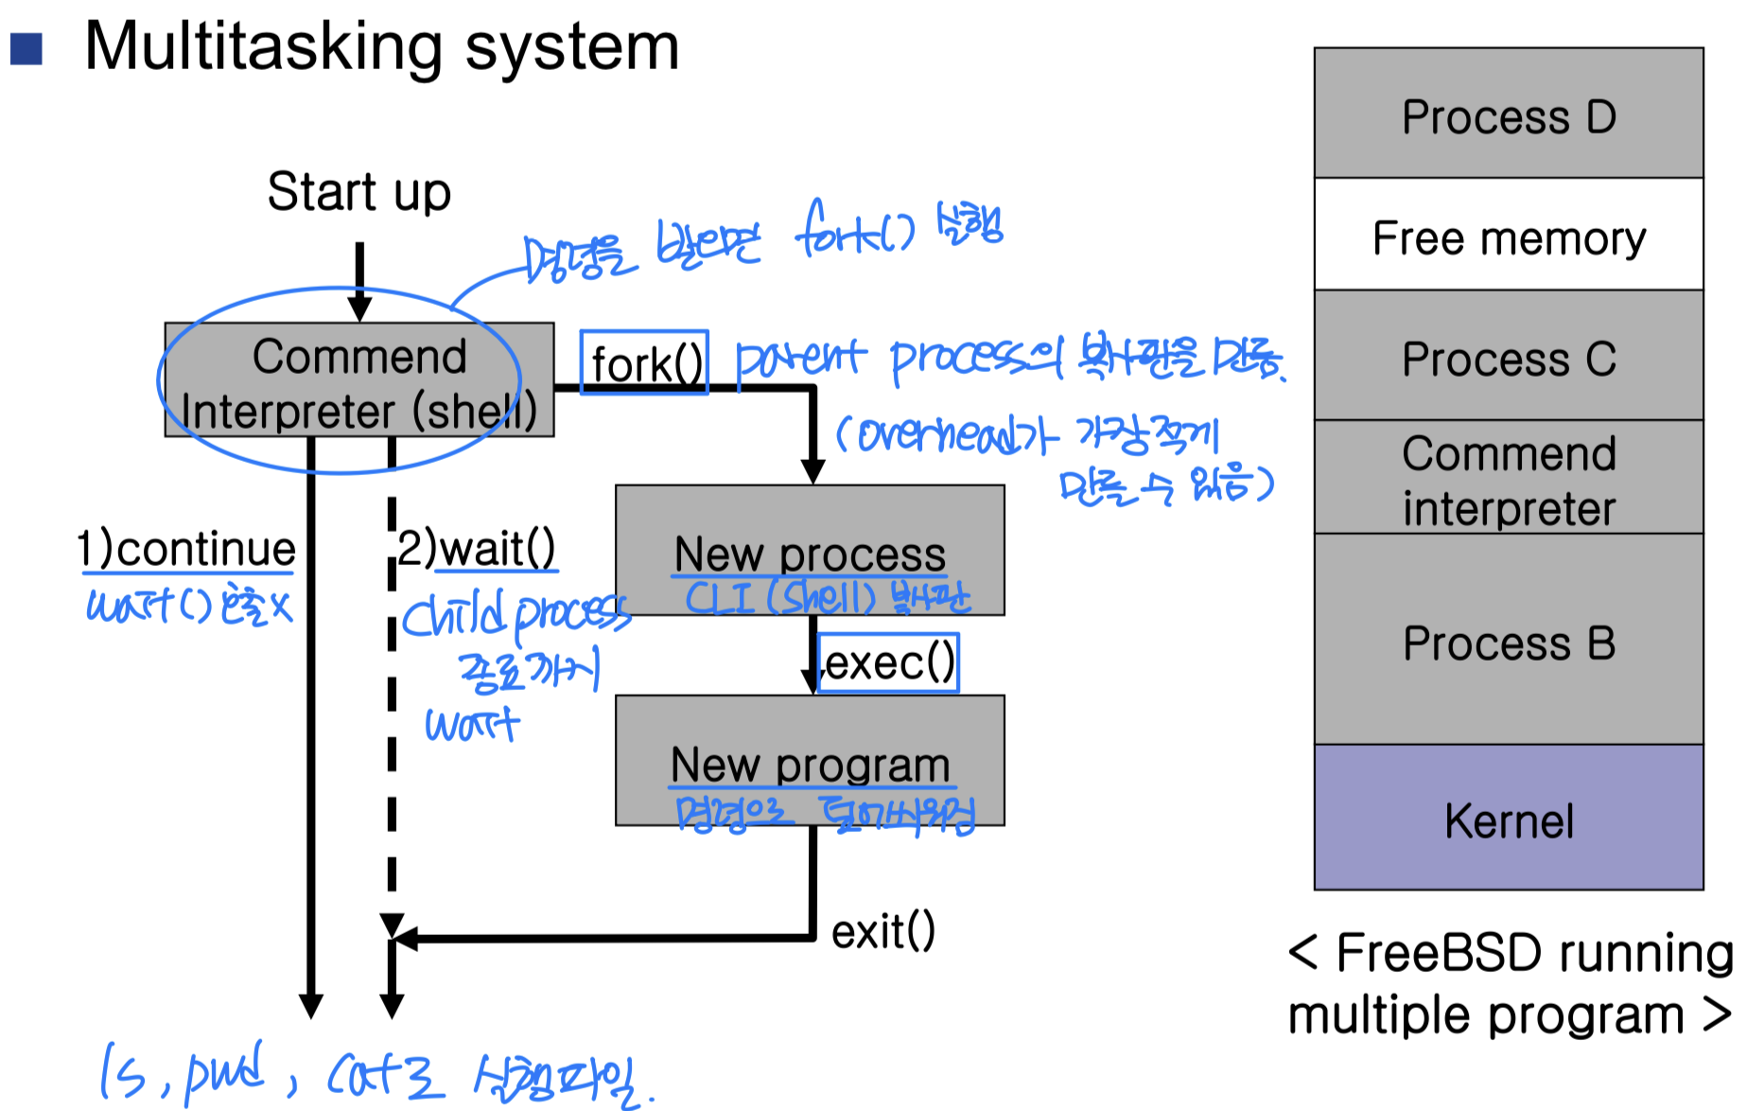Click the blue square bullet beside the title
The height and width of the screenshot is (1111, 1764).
(26, 48)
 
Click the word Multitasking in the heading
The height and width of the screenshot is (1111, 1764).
(263, 46)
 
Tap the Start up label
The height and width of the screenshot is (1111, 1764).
(358, 192)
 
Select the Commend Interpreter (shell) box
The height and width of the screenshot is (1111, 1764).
(358, 380)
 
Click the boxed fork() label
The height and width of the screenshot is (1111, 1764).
(645, 362)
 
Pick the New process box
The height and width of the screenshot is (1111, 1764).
(810, 549)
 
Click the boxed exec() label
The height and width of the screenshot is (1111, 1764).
(888, 662)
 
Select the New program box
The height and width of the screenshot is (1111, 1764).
(810, 761)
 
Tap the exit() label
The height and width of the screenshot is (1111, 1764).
(882, 931)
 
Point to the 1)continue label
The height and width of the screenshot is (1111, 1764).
(186, 549)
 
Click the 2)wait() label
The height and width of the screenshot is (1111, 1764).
(476, 548)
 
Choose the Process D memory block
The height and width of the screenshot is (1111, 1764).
(1509, 114)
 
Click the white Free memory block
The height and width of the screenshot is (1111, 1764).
(1509, 236)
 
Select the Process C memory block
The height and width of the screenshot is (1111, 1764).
(1509, 357)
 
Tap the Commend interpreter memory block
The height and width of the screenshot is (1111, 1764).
(1509, 479)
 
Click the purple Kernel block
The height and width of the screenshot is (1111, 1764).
(1509, 819)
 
